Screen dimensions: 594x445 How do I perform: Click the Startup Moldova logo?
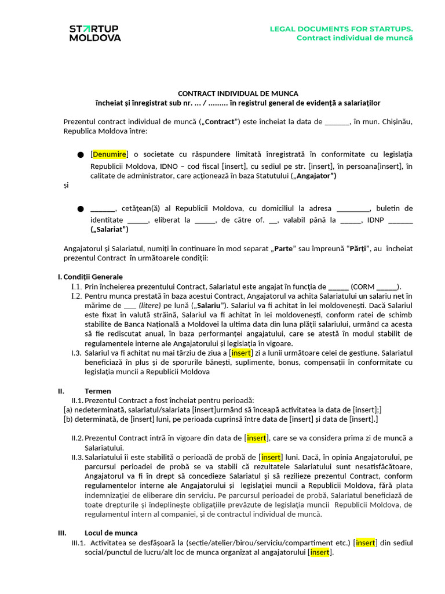point(95,33)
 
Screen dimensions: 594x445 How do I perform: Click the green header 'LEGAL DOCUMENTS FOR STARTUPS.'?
point(341,29)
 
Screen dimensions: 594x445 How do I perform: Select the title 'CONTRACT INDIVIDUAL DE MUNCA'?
point(238,93)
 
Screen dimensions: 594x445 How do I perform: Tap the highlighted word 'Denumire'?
point(109,154)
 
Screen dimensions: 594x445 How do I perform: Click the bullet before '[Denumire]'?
point(80,155)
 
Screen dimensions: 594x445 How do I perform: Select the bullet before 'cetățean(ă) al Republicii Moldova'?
point(80,208)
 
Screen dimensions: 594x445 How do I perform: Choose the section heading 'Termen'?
point(98,391)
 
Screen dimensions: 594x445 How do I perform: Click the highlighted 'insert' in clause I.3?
point(241,352)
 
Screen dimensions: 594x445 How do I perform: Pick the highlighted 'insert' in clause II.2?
point(257,437)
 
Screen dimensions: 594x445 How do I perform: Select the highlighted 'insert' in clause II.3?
point(271,457)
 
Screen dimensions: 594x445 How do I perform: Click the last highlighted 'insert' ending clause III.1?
point(320,552)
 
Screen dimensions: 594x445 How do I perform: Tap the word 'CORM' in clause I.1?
point(363,287)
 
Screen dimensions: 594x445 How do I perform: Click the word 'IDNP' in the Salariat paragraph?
point(377,220)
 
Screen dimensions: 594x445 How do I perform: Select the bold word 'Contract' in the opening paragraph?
point(220,122)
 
